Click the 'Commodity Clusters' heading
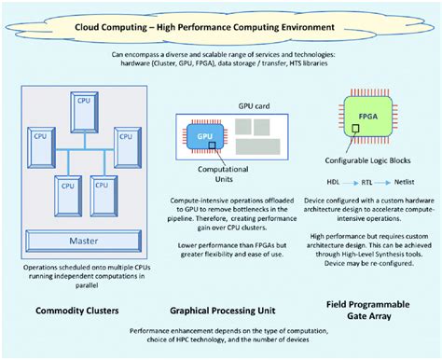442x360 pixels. pos(74,310)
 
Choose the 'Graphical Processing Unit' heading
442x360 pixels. pos(220,310)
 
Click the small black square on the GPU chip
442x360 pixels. pos(214,144)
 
